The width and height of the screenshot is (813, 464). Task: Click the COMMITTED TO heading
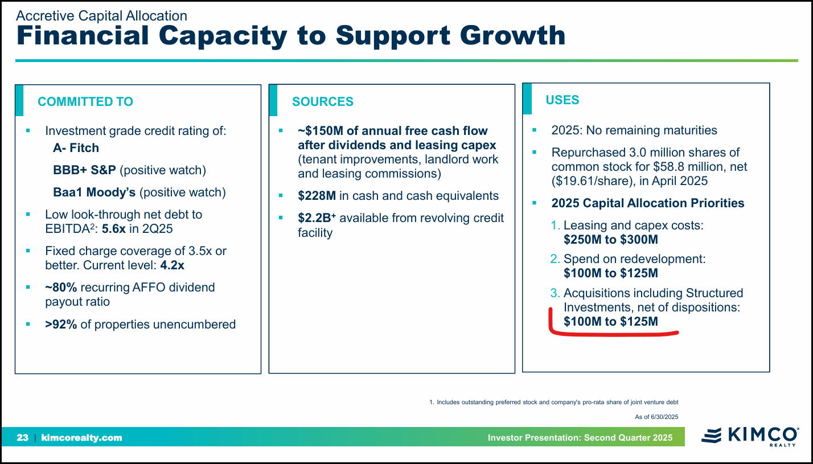(85, 102)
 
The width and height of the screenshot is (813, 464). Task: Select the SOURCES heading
(322, 102)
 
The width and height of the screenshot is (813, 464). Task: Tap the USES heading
(562, 100)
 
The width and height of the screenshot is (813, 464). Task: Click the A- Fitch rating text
(76, 148)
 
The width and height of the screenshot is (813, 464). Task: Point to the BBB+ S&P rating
(85, 170)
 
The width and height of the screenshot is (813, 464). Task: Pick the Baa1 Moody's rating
(94, 192)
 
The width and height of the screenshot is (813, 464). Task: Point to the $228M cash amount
(317, 196)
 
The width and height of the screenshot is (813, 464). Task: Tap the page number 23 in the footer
(23, 438)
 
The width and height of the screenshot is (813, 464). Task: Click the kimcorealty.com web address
(81, 438)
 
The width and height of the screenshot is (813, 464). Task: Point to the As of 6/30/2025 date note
(656, 417)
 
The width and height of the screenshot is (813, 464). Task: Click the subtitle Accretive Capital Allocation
(101, 16)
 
